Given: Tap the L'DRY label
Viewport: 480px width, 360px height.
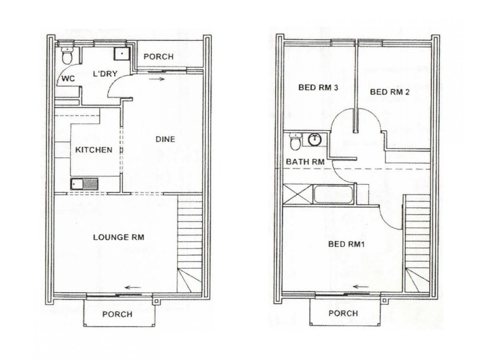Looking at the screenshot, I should tap(104, 74).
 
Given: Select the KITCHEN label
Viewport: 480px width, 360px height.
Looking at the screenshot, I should tap(93, 149).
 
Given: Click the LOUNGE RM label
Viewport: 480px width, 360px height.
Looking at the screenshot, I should tap(119, 237).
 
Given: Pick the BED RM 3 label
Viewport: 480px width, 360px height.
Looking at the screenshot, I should tap(319, 88).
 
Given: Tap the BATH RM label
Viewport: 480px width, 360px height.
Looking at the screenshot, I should tap(305, 162).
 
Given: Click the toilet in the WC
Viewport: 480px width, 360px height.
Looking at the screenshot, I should tap(67, 56).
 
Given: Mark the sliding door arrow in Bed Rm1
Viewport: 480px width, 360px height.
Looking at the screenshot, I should tap(360, 287).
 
